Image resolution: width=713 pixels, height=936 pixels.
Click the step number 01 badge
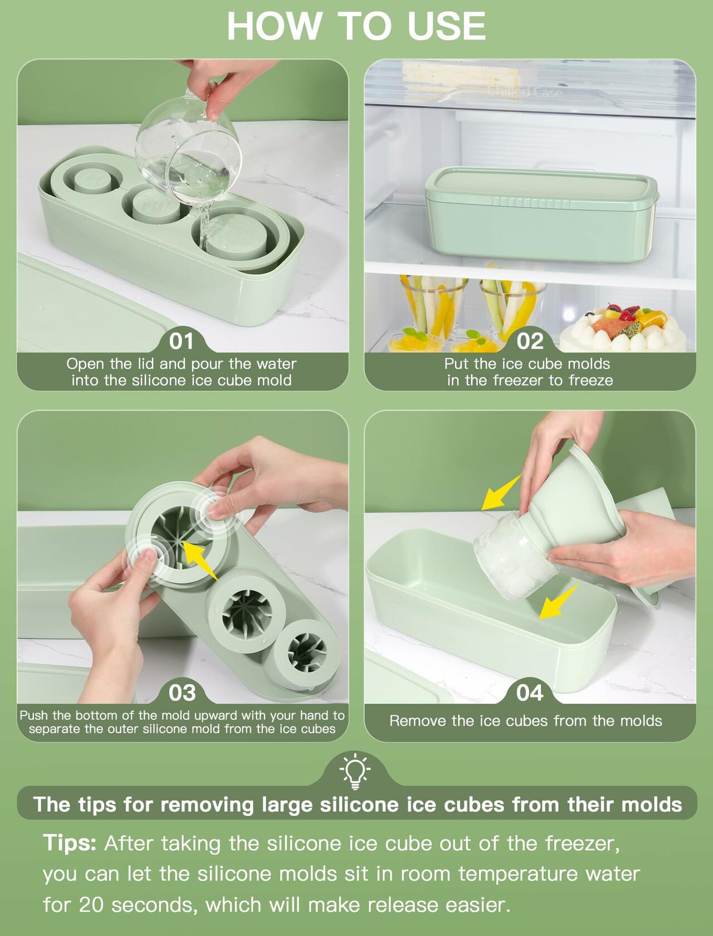pos(182,341)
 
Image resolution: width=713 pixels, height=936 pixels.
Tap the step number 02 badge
pos(530,341)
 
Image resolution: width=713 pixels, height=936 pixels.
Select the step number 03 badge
pos(182,693)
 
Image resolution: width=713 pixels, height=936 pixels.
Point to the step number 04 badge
pos(530,693)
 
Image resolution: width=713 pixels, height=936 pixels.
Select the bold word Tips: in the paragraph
pos(70,843)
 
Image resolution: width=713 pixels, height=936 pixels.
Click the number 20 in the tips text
pos(90,904)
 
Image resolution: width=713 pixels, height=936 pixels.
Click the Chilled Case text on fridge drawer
pos(525,92)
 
